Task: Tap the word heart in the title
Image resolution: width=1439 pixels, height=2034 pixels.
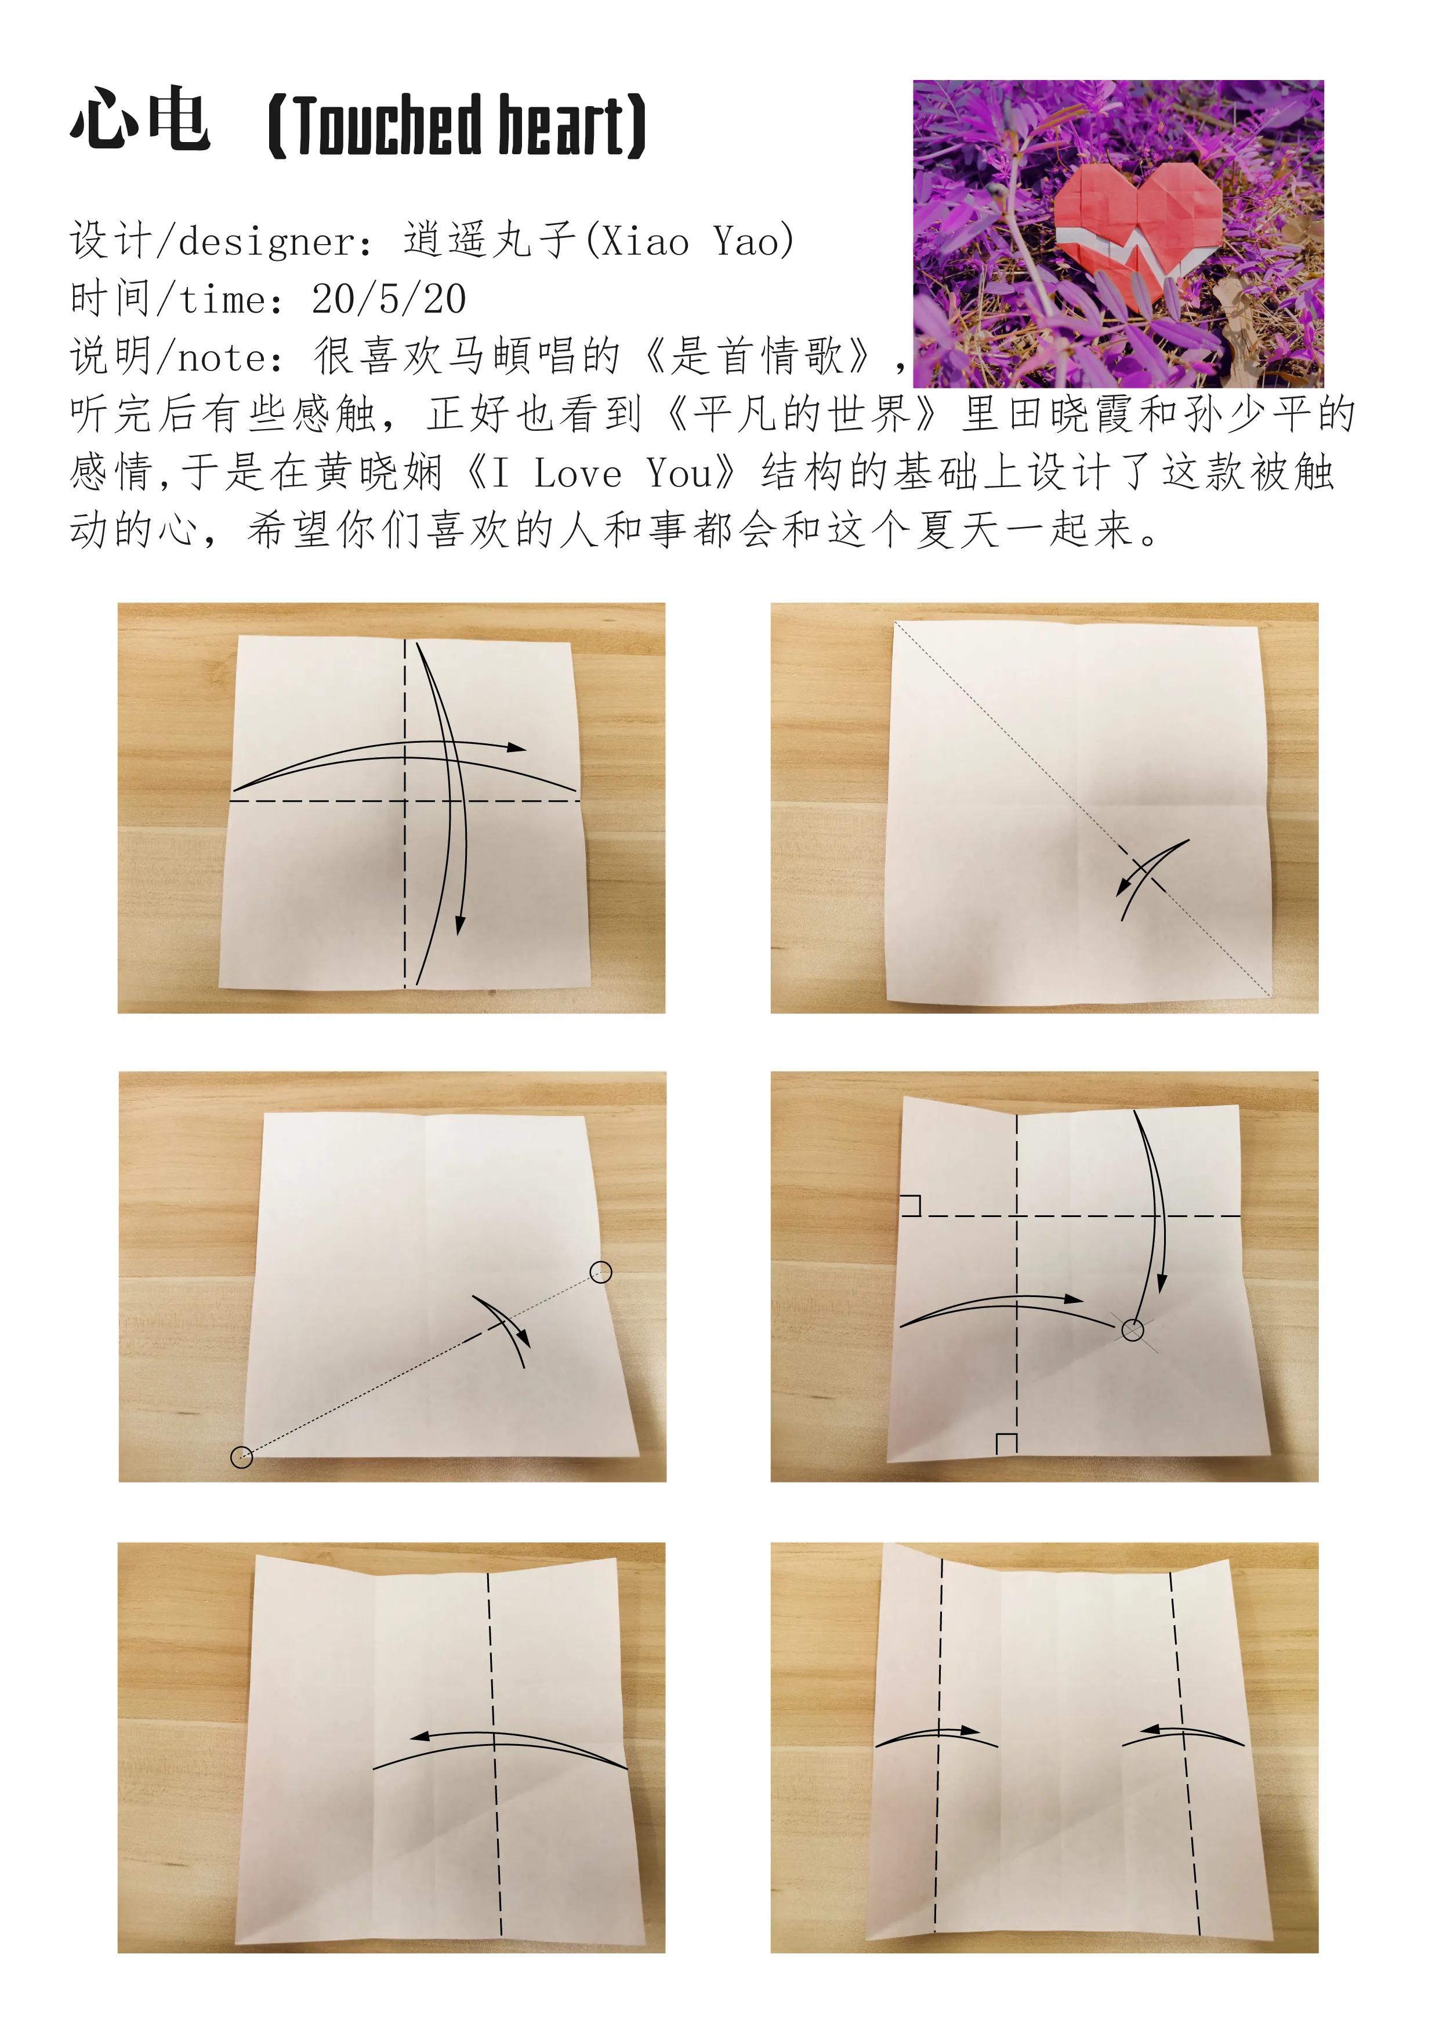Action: (560, 125)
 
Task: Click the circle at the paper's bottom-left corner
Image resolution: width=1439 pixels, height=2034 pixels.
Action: (241, 1457)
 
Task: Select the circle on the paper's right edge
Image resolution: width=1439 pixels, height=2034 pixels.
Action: (601, 1272)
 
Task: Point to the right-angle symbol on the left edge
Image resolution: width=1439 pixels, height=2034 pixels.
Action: (911, 1205)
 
